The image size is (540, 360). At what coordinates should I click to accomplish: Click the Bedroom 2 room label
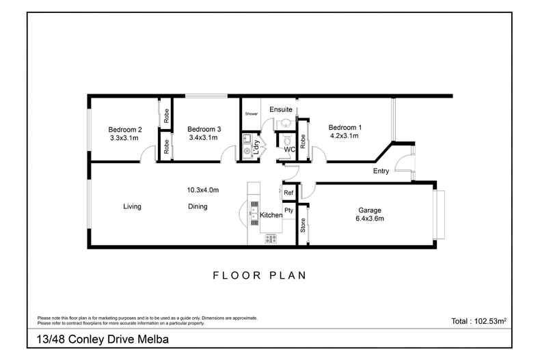[x=125, y=129]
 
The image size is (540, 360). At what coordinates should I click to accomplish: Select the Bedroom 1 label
[x=345, y=127]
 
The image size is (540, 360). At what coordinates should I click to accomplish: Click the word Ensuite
[x=281, y=109]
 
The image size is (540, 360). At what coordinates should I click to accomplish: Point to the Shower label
[x=252, y=113]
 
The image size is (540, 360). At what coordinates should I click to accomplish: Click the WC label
[x=289, y=149]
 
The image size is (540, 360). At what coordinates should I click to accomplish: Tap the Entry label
[x=381, y=171]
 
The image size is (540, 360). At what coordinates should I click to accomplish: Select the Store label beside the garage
[x=303, y=225]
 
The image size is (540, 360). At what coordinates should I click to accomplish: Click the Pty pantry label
[x=288, y=210]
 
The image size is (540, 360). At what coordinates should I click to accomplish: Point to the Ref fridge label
[x=288, y=193]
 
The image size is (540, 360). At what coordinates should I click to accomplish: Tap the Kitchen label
[x=271, y=215]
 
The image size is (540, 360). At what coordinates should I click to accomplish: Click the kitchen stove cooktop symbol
[x=271, y=238]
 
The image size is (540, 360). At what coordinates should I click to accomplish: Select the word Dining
[x=198, y=206]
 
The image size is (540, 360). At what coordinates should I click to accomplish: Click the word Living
[x=132, y=206]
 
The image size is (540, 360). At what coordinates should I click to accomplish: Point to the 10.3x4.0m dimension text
[x=203, y=190]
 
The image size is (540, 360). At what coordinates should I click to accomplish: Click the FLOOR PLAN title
[x=259, y=275]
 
